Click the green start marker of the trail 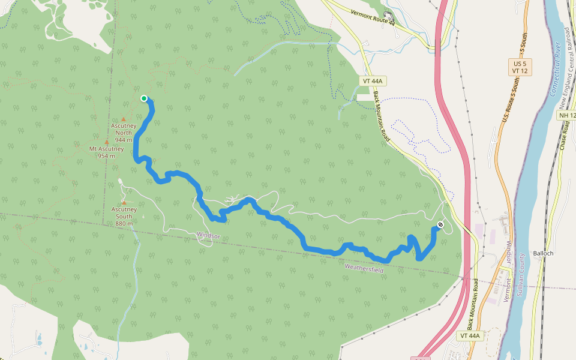pos(144,98)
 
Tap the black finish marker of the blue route pos(440,225)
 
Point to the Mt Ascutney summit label pos(106,149)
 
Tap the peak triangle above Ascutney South pos(124,202)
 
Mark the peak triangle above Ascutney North pos(124,119)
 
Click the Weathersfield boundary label pos(364,268)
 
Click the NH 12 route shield pos(566,115)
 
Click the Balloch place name pos(543,253)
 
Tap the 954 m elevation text pos(106,156)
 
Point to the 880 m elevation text pos(124,223)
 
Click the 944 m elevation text pos(124,139)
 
